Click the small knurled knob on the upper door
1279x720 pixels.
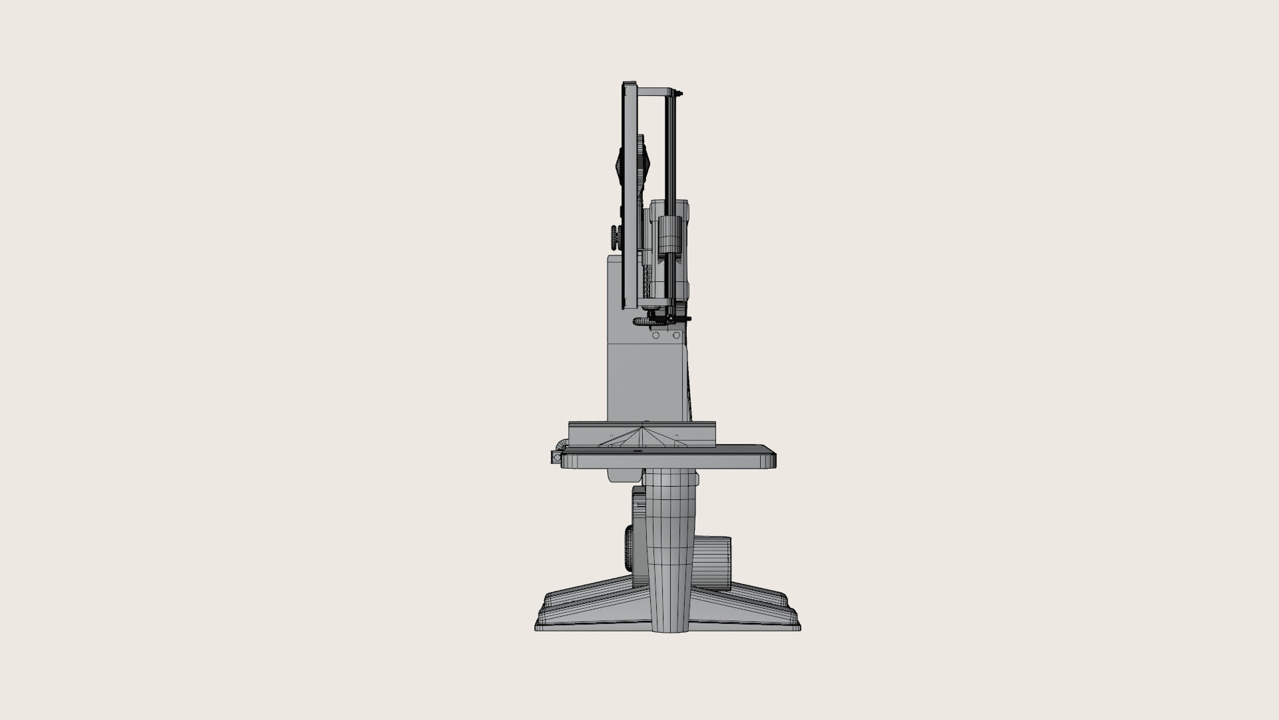[x=614, y=235]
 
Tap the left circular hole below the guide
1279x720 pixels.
[x=655, y=336]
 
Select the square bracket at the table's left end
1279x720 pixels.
[x=555, y=458]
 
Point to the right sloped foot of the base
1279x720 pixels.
[x=753, y=603]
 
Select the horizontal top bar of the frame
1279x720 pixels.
[x=656, y=89]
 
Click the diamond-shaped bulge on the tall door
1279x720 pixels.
[x=618, y=160]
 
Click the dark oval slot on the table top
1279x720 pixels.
[x=636, y=451]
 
